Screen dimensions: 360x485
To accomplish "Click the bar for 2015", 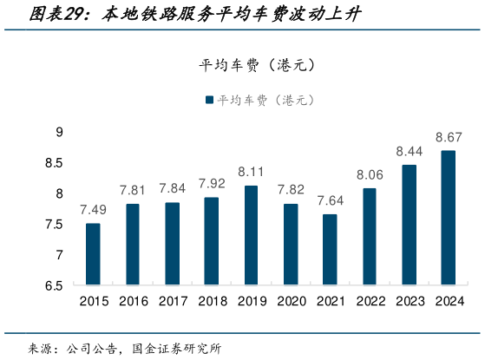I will click(x=93, y=254).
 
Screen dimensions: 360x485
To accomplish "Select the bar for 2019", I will click(x=251, y=235).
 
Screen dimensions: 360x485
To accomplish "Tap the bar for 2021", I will click(x=330, y=250).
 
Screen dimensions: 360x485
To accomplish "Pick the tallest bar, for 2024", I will click(x=449, y=218).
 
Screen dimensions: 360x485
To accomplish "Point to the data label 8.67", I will click(x=449, y=137).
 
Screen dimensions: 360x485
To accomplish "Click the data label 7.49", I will click(x=93, y=210).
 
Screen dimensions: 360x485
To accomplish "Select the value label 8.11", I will click(x=251, y=172).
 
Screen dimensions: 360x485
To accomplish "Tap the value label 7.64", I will click(x=330, y=200).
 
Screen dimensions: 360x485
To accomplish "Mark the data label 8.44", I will click(x=409, y=151).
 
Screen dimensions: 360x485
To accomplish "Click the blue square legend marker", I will click(x=209, y=100).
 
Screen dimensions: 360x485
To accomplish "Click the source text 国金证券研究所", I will click(x=177, y=349).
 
